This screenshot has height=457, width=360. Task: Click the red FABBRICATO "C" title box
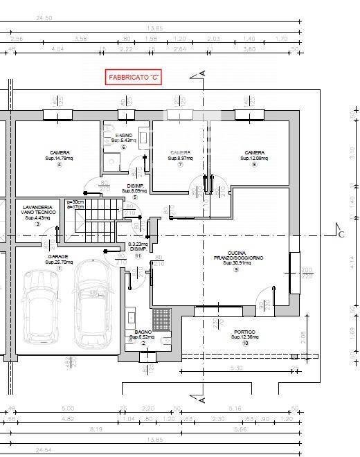point(133,77)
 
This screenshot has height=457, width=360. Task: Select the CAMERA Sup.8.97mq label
point(180,155)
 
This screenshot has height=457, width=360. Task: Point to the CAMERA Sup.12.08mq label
point(254,155)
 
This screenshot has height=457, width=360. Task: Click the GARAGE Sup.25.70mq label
point(59,259)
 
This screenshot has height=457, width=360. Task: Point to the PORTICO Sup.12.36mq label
point(245,334)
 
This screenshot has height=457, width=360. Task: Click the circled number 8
point(254,165)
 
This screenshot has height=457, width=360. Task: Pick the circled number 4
point(59,165)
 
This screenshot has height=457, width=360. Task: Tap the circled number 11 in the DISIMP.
point(138,256)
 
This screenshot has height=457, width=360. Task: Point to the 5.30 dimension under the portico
point(235,368)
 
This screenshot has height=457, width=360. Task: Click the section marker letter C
point(341,234)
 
